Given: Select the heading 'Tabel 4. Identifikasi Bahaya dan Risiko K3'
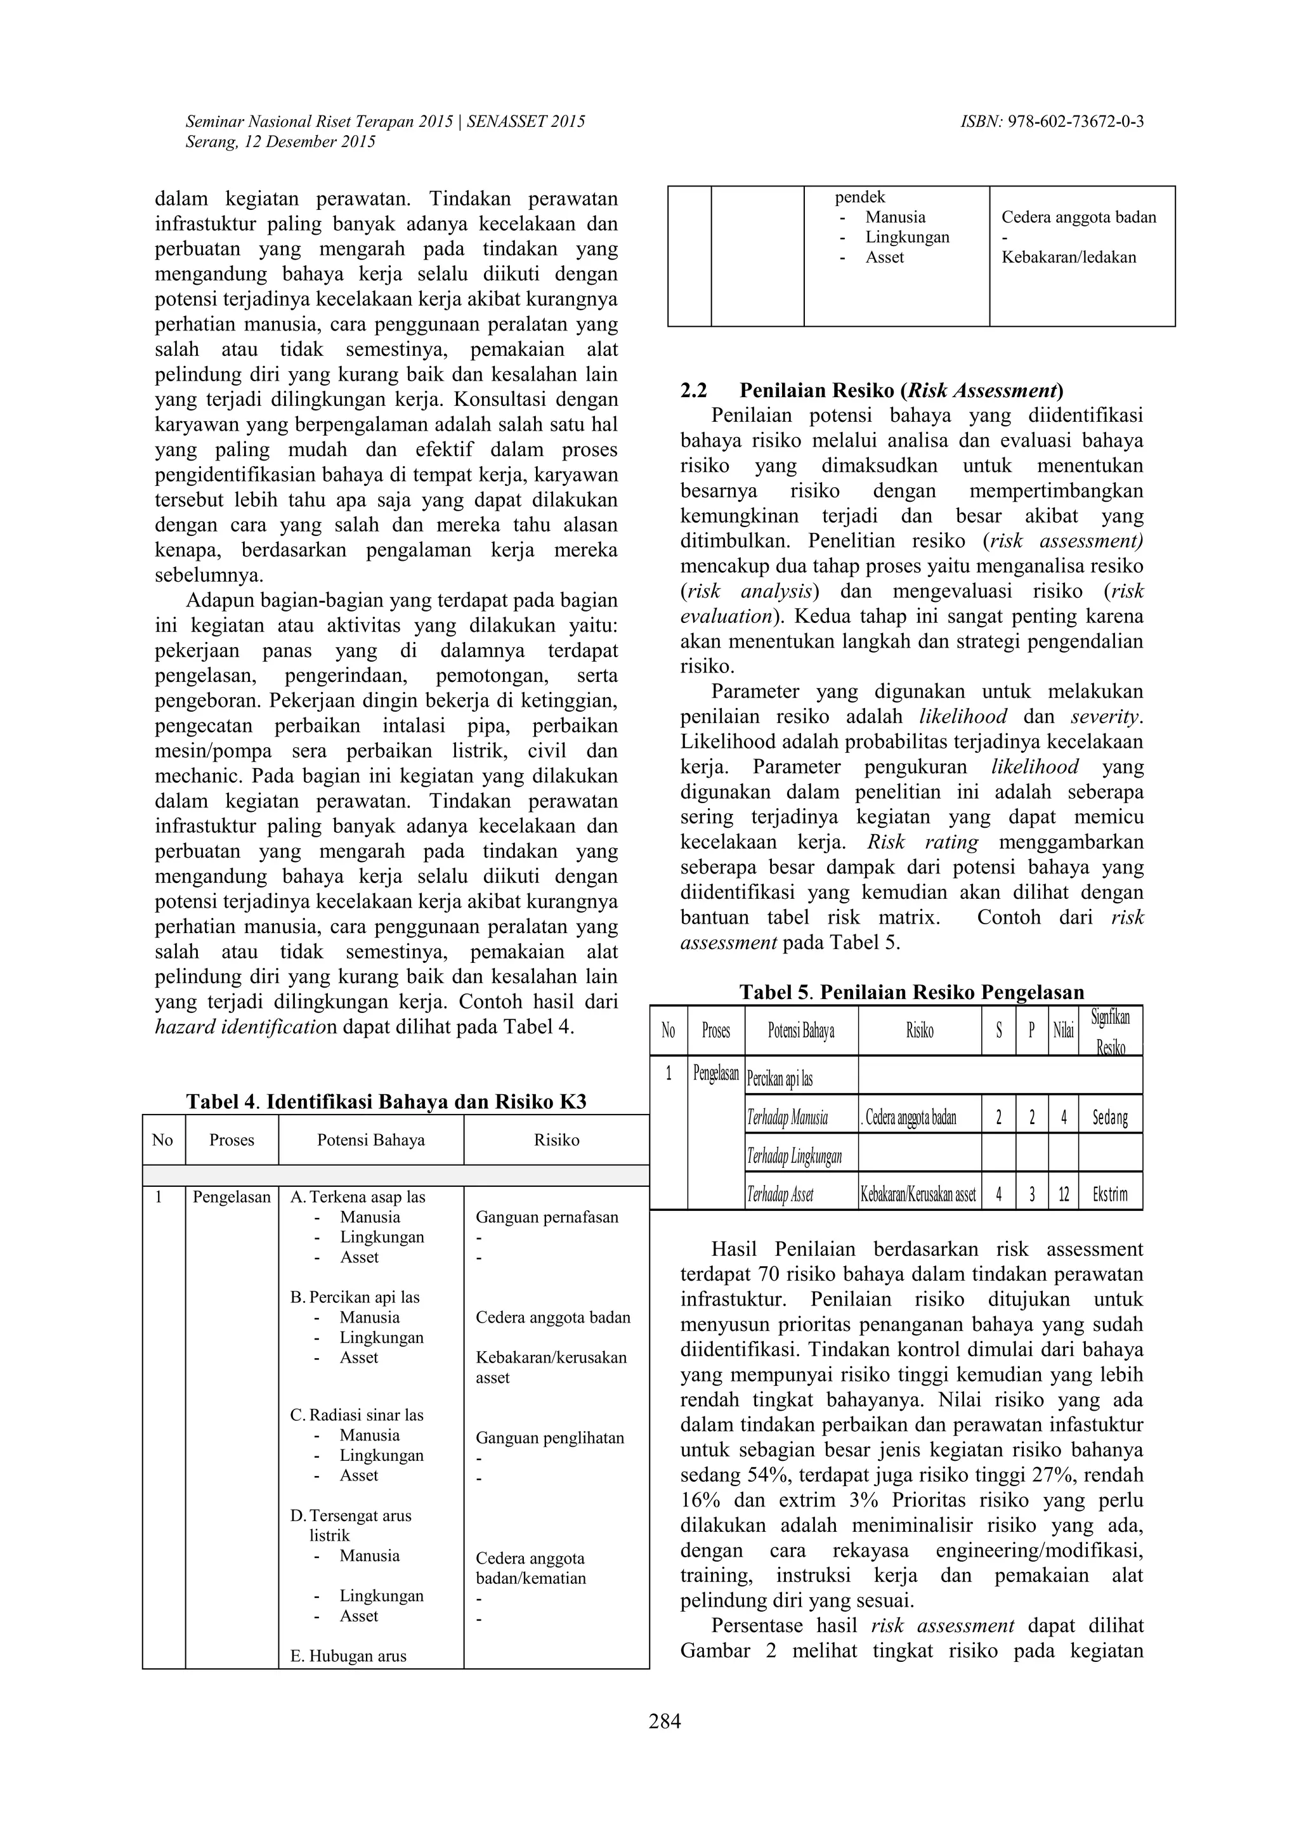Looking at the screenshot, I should tap(386, 1102).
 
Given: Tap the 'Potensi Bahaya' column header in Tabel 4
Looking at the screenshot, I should tap(370, 1140).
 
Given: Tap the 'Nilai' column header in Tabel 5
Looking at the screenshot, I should tap(1063, 1031).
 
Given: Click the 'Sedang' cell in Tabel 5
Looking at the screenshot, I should tap(1109, 1118).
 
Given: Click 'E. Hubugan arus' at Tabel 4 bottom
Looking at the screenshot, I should tap(348, 1656).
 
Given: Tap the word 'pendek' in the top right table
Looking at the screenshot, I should tap(860, 197).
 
